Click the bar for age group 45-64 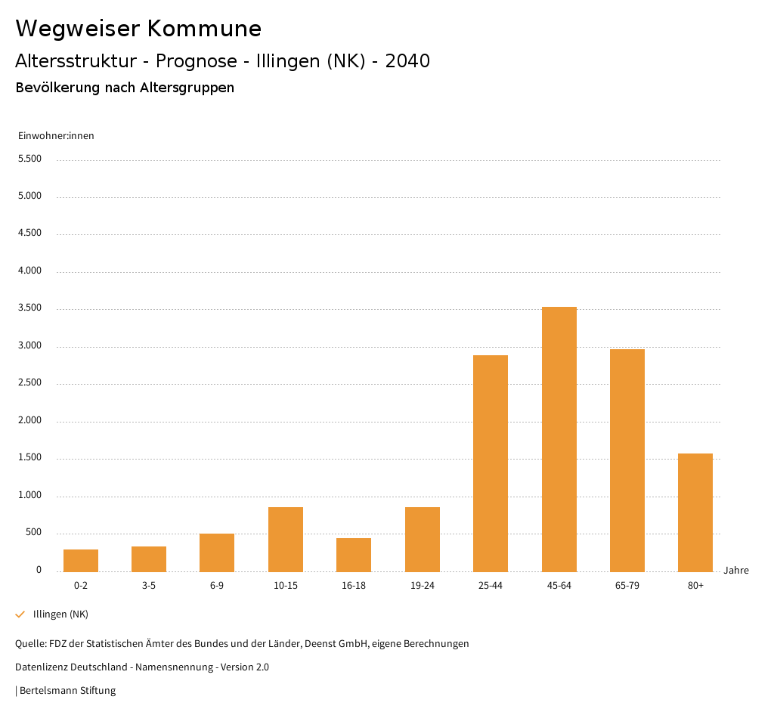tap(559, 439)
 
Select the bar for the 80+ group tap(695, 512)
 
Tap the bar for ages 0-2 tap(81, 560)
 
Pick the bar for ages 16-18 tap(354, 555)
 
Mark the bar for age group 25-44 tap(491, 463)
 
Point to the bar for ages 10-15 tap(286, 539)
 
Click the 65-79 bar tap(627, 460)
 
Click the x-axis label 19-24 tap(422, 586)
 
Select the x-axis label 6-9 tap(217, 586)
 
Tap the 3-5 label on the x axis tap(149, 586)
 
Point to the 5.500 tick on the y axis tap(29, 159)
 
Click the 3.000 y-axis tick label tap(29, 345)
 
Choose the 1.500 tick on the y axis tap(29, 458)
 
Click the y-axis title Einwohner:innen tap(56, 136)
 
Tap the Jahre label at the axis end tap(735, 571)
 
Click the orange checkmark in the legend tap(20, 614)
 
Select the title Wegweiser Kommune tap(138, 29)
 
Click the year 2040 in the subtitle tap(407, 61)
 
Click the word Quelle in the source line tap(29, 644)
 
